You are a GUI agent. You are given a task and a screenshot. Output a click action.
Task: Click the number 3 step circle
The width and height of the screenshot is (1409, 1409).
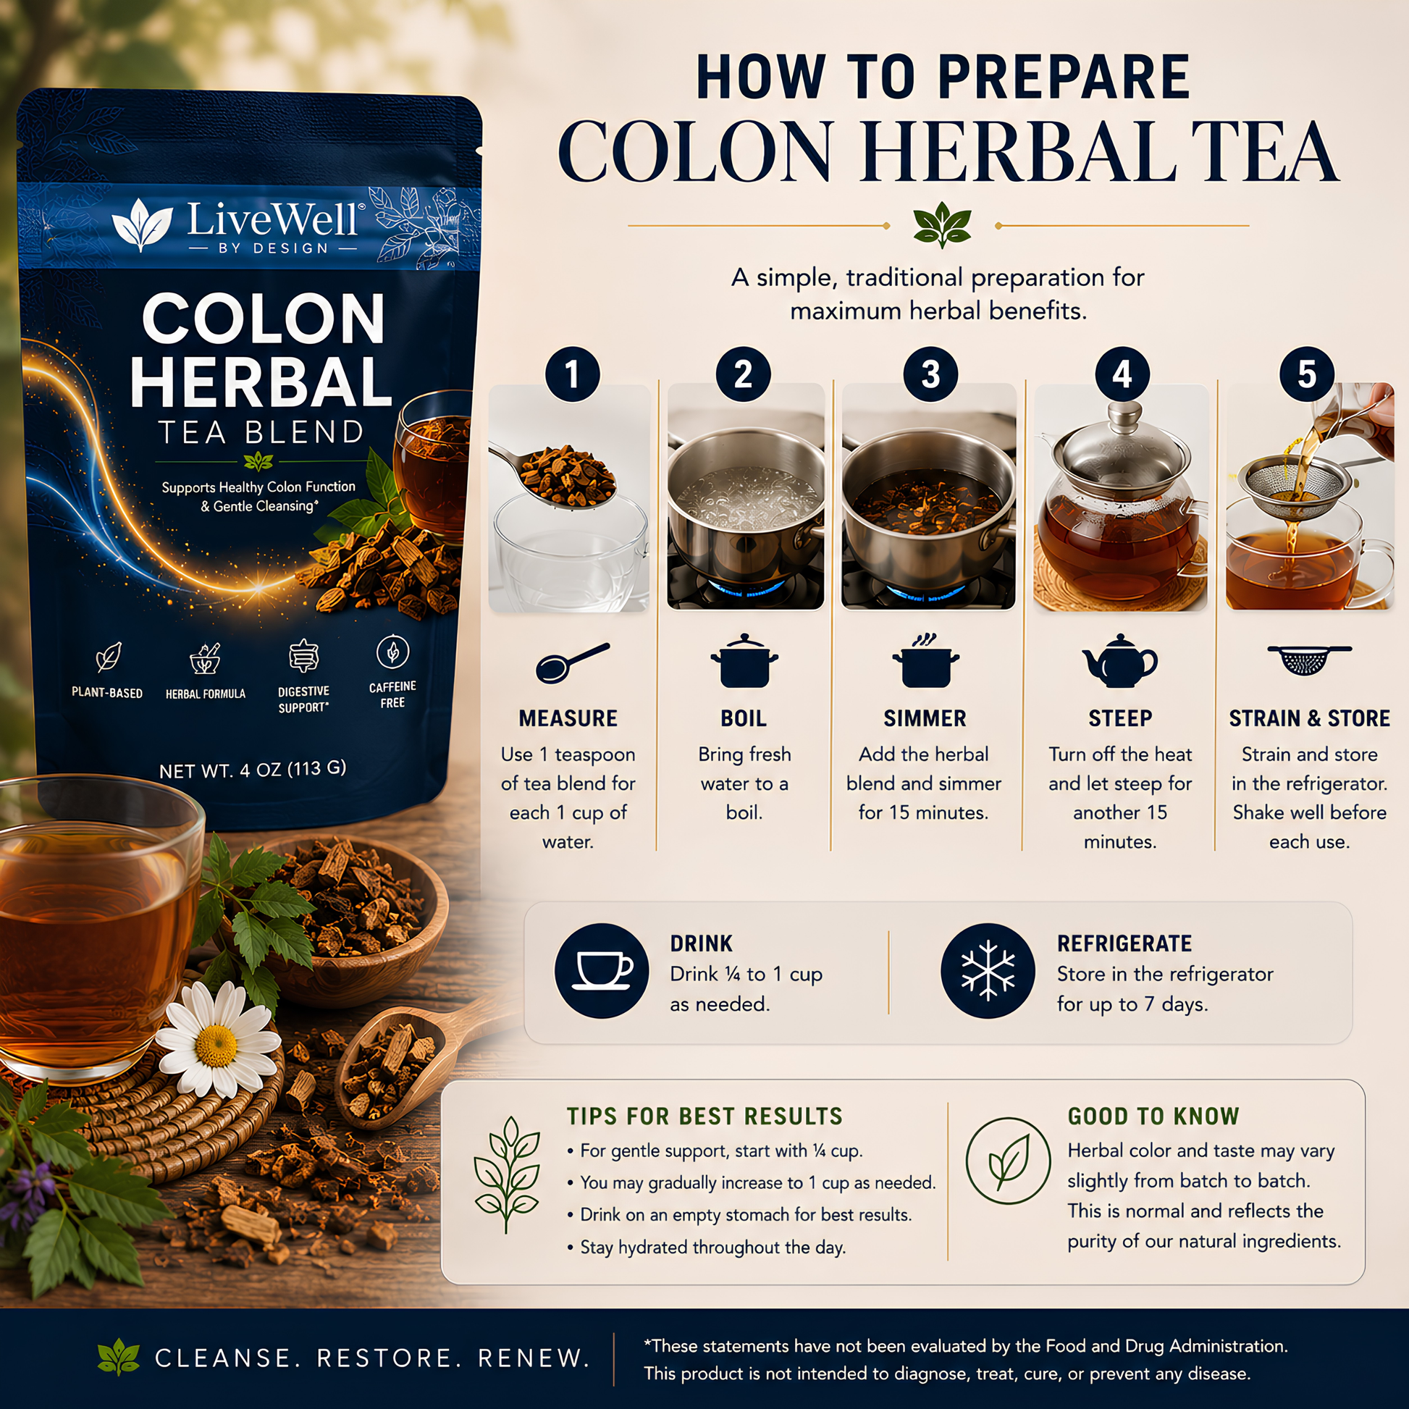tap(930, 374)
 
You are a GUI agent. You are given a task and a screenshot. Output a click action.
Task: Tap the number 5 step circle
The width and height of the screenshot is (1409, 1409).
tap(1307, 374)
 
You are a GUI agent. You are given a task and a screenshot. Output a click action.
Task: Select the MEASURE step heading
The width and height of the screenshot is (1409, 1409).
tap(568, 718)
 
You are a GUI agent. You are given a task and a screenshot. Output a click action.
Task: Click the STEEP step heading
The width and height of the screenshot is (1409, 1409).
tap(1120, 718)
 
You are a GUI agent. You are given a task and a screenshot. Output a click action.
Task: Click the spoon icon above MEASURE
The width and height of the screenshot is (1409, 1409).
tap(573, 663)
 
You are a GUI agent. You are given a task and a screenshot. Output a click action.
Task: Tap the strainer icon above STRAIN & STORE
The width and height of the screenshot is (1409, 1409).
tap(1309, 660)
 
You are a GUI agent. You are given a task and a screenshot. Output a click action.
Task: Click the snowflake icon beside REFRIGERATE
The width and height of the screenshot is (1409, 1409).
tap(988, 971)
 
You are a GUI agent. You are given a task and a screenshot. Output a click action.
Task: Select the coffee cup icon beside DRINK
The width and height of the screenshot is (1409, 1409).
tap(602, 971)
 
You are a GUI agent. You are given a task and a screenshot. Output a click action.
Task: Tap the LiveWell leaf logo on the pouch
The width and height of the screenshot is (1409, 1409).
tap(142, 224)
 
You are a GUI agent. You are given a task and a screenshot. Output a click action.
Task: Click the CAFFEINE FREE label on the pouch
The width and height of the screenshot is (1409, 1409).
tap(392, 694)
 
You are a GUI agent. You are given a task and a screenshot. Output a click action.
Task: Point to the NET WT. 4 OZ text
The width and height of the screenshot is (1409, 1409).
tap(253, 770)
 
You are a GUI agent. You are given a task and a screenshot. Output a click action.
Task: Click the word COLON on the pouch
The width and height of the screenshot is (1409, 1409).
tap(264, 319)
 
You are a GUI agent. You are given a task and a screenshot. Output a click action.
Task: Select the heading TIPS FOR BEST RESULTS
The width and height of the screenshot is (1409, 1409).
tap(704, 1116)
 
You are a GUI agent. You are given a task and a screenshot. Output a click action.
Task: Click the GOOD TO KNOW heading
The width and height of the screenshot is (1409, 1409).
tap(1153, 1116)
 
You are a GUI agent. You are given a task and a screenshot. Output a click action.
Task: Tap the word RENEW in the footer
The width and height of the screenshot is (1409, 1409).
tap(533, 1358)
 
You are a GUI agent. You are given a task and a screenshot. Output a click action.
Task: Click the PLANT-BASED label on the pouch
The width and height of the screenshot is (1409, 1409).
tap(107, 693)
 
